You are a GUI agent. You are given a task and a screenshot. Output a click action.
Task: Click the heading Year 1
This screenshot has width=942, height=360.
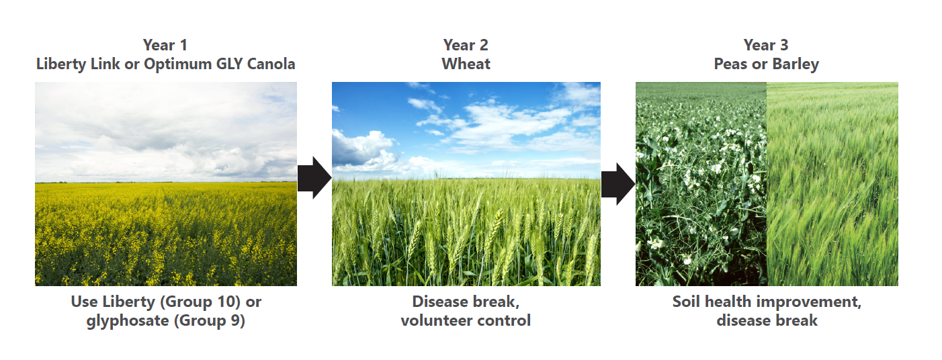[165, 45]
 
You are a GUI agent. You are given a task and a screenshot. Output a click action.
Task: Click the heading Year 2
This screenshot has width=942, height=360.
[466, 45]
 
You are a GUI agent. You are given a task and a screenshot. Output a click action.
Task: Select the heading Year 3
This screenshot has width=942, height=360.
[766, 45]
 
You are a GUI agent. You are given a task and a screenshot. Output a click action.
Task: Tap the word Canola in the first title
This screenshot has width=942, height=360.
[271, 64]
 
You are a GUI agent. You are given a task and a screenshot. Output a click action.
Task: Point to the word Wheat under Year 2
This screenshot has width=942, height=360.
[466, 64]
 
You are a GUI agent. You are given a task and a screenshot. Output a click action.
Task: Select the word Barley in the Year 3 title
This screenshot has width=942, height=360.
[796, 64]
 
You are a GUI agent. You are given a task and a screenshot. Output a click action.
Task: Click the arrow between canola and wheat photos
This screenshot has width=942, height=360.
[314, 178]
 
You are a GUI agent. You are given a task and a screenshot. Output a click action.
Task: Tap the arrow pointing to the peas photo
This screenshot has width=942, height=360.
[618, 184]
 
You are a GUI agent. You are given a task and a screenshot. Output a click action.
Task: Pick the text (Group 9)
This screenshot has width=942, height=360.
[210, 321]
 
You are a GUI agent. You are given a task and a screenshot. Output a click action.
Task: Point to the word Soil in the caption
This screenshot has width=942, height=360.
[686, 302]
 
